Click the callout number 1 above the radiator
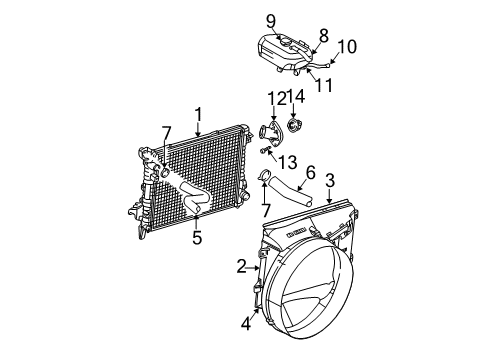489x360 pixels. coord(199,114)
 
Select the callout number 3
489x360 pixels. coord(329,181)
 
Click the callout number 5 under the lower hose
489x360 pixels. coord(197,237)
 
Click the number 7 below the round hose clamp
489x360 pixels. coord(267,212)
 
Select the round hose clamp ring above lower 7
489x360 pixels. coord(266,181)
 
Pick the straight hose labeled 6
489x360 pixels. coord(301,194)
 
